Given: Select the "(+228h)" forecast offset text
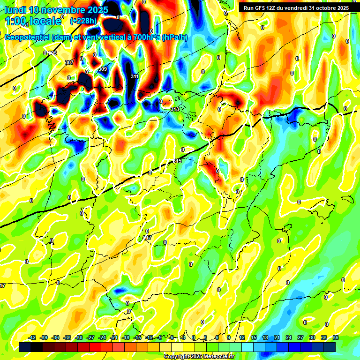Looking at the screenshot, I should pos(84,21).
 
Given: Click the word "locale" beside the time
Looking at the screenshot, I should pos(45,21).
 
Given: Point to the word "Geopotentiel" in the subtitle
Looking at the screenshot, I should pos(28,37).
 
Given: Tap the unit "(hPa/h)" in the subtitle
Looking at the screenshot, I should pos(175,37).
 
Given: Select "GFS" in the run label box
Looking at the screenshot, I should pos(259,8).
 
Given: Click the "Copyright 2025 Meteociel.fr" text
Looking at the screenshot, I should pos(199,356).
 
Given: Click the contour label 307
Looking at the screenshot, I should pos(69,62).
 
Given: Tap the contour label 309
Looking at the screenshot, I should pos(103,69).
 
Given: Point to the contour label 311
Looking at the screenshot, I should pos(135,76).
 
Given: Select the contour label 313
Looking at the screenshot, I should pos(175,109).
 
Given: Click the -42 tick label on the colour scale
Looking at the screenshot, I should pos(32,337).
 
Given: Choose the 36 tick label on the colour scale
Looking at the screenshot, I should pos(335,337).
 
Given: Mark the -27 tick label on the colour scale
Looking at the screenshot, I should pos(90,337).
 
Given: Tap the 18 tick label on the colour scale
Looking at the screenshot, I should pos(265,337).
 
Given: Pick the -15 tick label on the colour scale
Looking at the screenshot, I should pos(137,337).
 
